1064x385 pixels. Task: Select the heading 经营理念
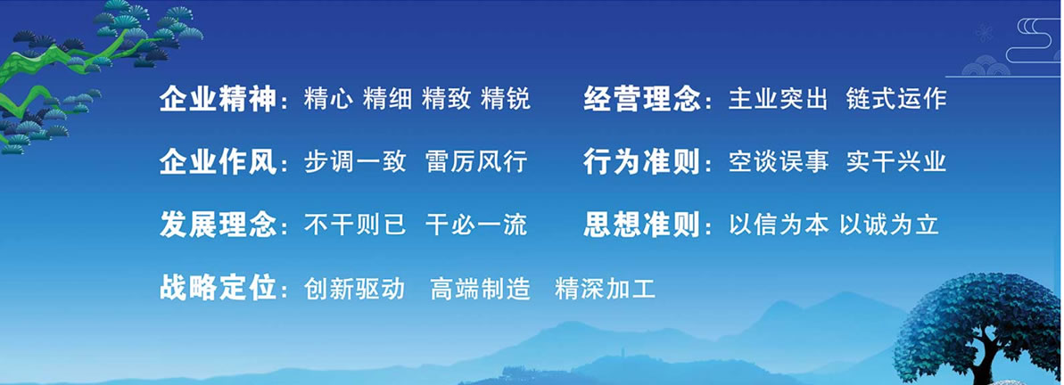click(641, 101)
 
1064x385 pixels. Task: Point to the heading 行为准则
click(641, 163)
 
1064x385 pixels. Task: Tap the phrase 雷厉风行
click(476, 162)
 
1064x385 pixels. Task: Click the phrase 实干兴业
click(895, 162)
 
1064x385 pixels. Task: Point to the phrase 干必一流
click(476, 225)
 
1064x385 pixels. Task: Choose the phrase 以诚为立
click(889, 225)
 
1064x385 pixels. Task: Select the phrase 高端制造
click(481, 289)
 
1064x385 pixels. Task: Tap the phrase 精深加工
click(606, 289)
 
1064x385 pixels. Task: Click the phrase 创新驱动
click(354, 289)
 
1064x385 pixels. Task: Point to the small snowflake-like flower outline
click(983, 33)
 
